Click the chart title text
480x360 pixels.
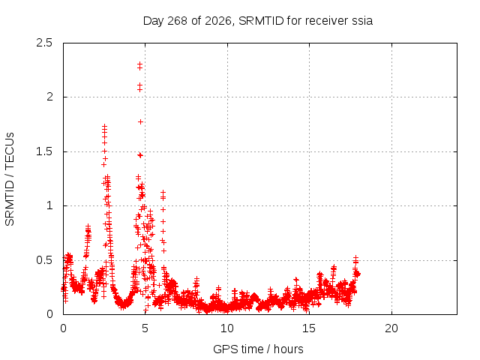click(258, 21)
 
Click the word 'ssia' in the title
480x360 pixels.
click(362, 21)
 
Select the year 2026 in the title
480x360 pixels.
click(217, 21)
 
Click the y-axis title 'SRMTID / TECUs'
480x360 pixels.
click(10, 179)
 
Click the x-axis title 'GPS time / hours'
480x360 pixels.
click(258, 349)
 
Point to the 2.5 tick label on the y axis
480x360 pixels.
click(44, 43)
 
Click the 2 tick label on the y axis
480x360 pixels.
click(49, 97)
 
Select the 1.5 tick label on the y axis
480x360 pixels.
click(44, 151)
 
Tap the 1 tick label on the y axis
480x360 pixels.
click(50, 205)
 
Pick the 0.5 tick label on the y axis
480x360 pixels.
click(44, 260)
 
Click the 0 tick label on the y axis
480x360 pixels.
click(49, 314)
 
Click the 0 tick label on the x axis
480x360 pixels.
click(63, 328)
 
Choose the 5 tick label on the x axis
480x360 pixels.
click(145, 328)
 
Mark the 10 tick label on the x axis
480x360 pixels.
click(227, 328)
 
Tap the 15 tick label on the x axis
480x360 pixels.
click(309, 328)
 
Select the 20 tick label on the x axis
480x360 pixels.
click(391, 328)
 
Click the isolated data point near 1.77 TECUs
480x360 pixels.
click(140, 121)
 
